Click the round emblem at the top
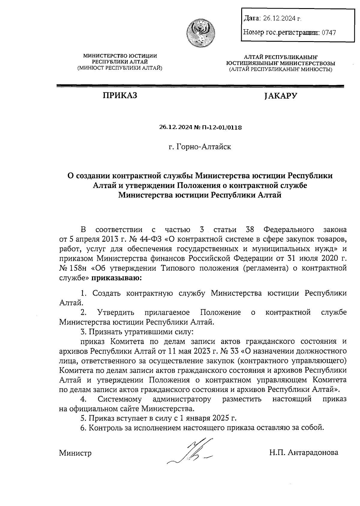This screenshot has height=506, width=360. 200,33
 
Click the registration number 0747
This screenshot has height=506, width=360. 328,32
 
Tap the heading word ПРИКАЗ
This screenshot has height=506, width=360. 120,96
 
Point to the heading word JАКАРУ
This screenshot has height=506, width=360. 281,96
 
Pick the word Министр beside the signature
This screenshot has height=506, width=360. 75,453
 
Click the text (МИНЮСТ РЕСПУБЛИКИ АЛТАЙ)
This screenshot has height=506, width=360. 120,68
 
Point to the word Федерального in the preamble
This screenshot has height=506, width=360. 289,230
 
